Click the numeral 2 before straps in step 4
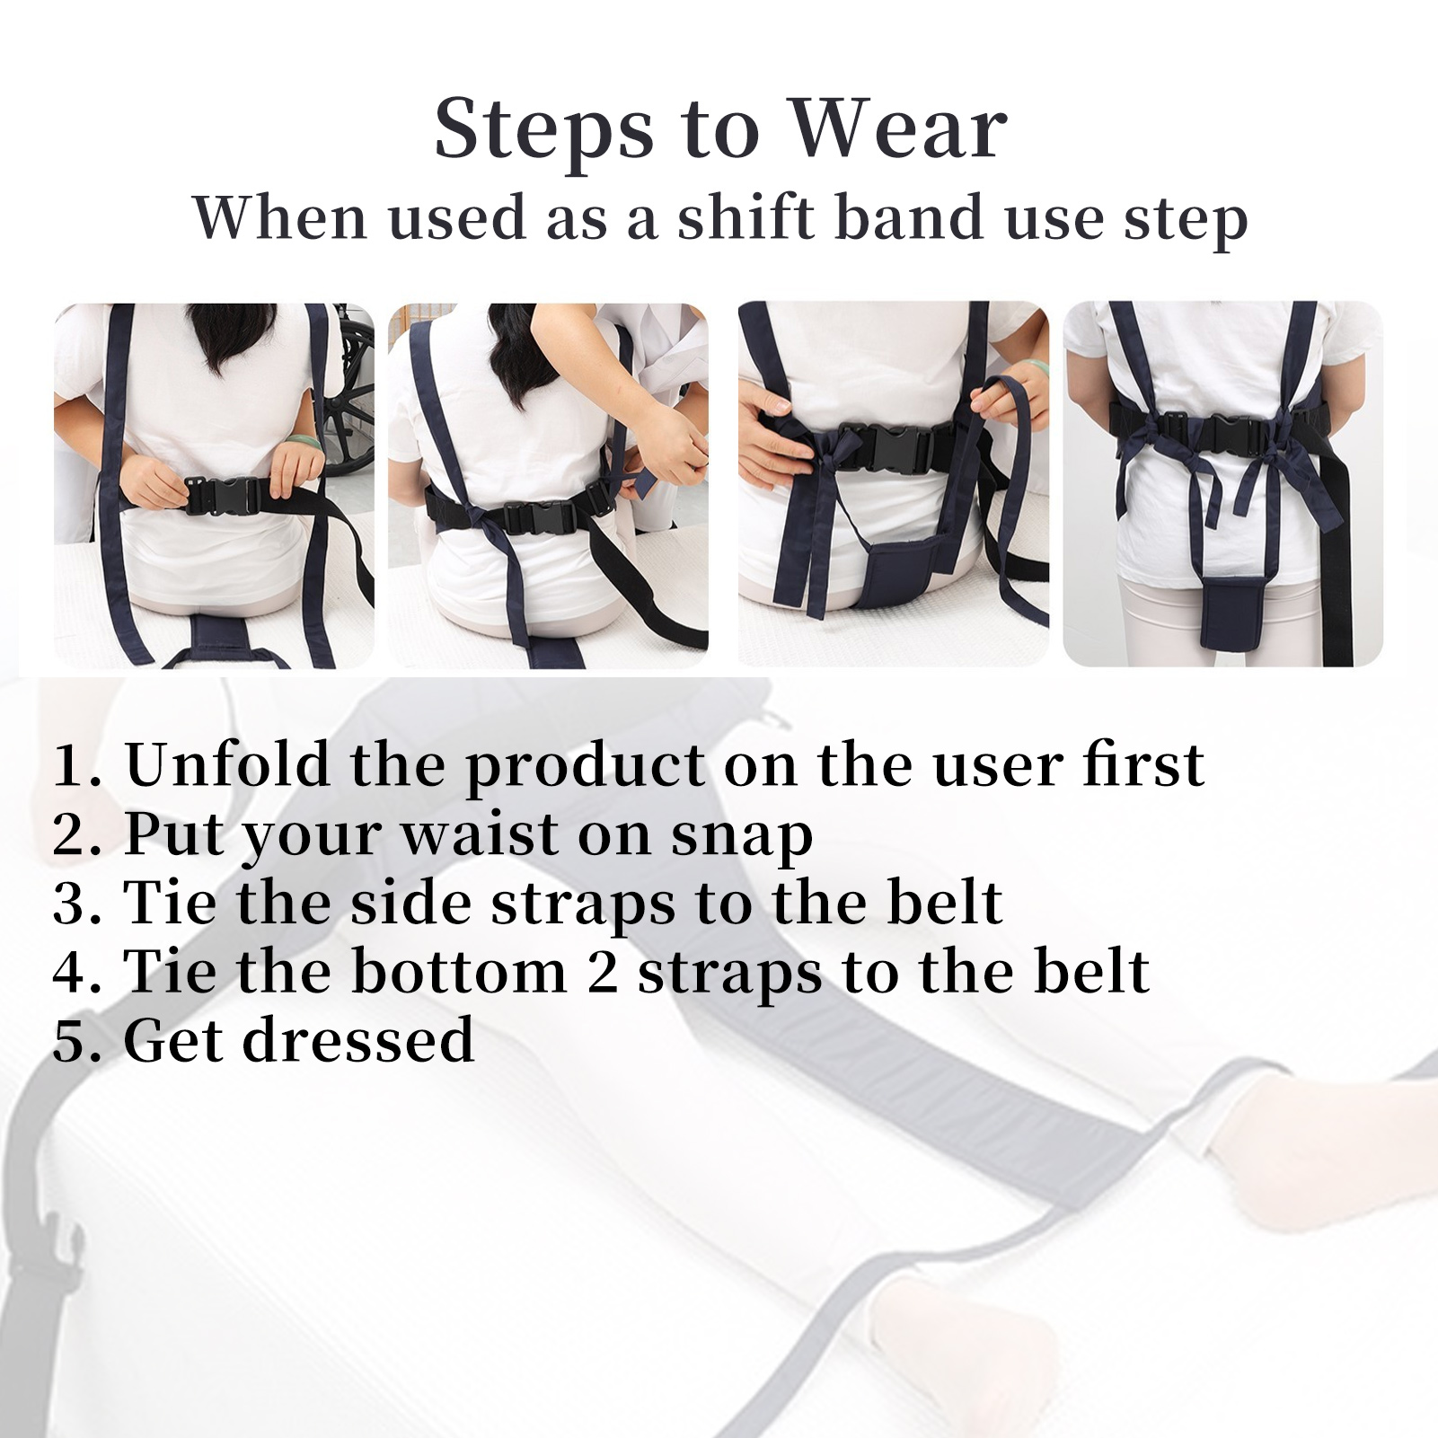pos(603,973)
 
